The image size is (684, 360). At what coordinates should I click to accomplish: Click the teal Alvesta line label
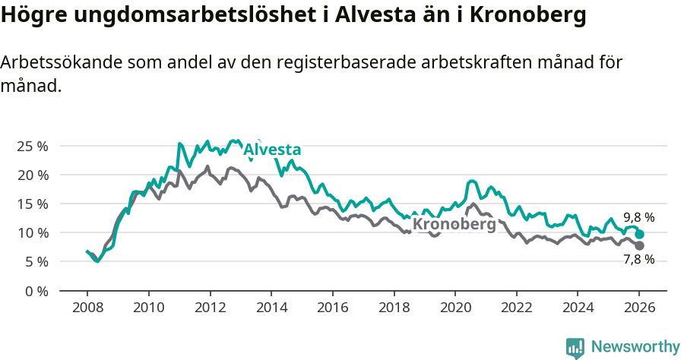[272, 150]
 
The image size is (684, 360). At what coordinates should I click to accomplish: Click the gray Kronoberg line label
[454, 225]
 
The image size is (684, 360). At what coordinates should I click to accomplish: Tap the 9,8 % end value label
[638, 217]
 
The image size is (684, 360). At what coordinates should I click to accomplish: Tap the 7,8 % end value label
[638, 259]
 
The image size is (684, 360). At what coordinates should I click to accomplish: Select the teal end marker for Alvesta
[639, 235]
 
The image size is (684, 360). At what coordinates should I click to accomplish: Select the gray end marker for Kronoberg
[639, 246]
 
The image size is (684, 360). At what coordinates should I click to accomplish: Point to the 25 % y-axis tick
[33, 146]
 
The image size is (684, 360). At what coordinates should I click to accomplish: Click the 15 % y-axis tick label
[33, 204]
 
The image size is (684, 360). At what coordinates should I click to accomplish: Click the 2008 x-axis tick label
[87, 308]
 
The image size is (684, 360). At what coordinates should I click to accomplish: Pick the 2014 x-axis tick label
[271, 308]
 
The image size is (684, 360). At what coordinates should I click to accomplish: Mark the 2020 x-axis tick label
[454, 308]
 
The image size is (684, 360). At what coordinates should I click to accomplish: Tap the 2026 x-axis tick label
[638, 308]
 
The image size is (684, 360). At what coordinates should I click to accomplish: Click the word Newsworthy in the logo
[635, 347]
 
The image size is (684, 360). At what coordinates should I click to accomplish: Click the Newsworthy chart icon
[575, 348]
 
